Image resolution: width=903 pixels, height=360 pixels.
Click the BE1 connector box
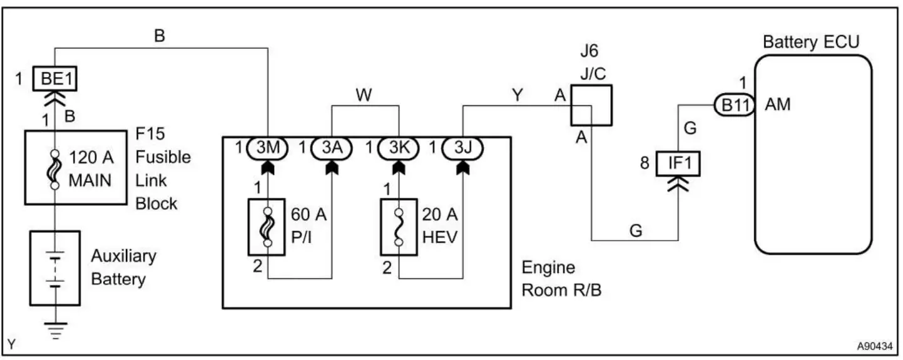55,81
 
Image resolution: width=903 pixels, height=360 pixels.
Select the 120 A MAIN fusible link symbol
54,168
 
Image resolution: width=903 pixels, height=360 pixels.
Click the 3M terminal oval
268,148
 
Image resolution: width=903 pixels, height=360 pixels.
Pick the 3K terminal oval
399,148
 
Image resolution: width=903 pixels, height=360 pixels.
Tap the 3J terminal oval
464,148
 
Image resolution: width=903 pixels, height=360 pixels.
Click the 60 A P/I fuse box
267,227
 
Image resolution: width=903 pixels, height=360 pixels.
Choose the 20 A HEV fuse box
399,227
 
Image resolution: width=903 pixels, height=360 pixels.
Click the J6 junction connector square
591,105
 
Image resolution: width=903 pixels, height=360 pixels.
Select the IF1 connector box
678,164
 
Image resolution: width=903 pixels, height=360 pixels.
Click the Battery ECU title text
812,43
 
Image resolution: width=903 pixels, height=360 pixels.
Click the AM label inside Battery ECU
778,105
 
